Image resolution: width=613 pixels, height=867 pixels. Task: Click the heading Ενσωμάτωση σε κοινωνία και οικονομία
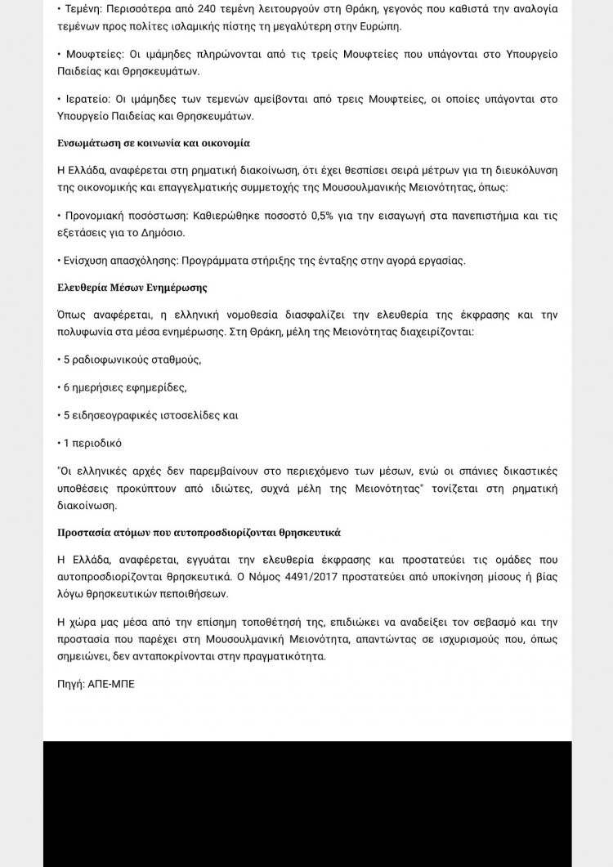coord(154,143)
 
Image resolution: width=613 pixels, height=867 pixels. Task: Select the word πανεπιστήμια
coord(478,217)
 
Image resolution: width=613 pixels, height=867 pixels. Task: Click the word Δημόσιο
coord(163,232)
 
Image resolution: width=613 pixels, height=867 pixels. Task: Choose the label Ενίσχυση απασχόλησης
coord(121,260)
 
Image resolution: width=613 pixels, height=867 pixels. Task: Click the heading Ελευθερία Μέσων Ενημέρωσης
coord(132,288)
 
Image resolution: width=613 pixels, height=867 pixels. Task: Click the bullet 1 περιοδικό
coord(92,443)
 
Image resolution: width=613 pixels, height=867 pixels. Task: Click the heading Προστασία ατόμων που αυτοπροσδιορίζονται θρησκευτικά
coord(199,532)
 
